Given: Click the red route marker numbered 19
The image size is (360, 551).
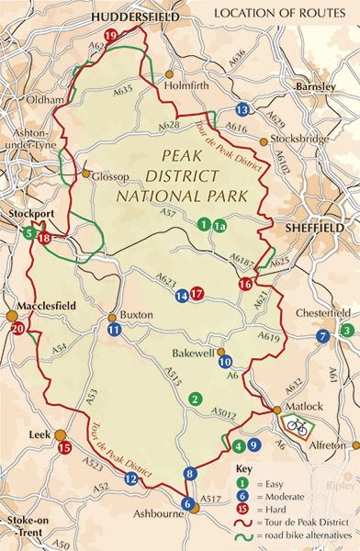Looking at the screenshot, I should tap(111, 35).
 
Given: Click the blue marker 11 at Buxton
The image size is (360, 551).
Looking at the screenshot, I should tap(113, 329).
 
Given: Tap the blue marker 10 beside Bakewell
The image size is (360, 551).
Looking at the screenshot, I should tap(225, 362).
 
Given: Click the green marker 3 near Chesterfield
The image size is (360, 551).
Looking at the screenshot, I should tap(345, 331).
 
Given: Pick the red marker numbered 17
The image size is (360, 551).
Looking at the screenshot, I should tap(197, 295).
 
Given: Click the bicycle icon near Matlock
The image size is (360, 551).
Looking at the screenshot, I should tap(298, 425).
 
